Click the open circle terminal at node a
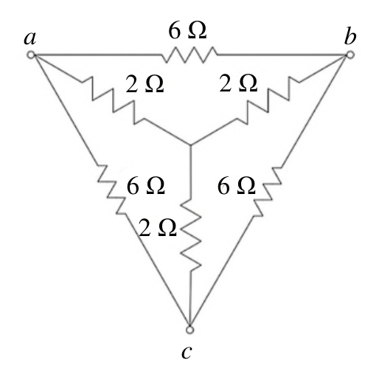tap(31, 55)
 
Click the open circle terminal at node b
tap(350, 55)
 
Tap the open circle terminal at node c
tap(189, 330)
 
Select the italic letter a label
tap(30, 38)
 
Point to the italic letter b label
tap(350, 36)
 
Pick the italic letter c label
tap(187, 352)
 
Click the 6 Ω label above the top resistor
tap(187, 30)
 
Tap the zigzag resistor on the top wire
tap(189, 55)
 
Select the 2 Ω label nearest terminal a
tap(145, 84)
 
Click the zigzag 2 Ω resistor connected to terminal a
tap(114, 100)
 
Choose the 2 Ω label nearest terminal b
tap(238, 83)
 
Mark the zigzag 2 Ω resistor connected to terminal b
tap(268, 100)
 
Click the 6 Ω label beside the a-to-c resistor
tap(145, 186)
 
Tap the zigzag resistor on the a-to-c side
tap(112, 189)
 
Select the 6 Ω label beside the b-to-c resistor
tap(236, 186)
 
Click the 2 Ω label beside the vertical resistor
tap(158, 228)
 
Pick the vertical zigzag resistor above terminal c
tap(191, 235)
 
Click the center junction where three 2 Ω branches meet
tap(190, 145)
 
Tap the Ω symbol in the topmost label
tap(197, 30)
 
